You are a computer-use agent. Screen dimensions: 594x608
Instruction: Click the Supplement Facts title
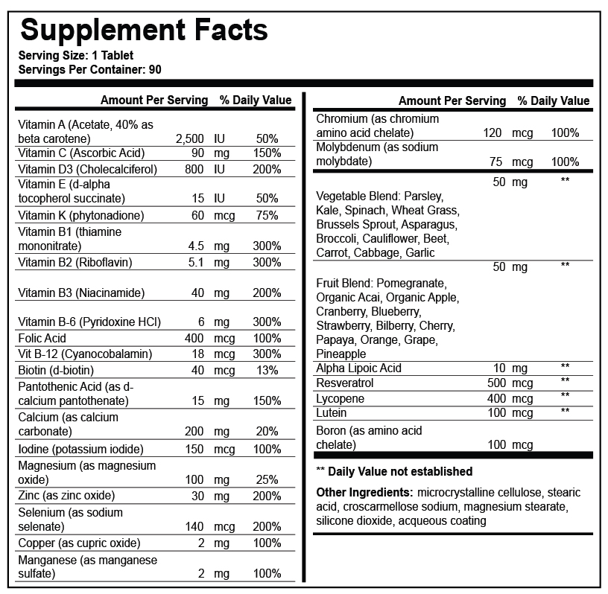[x=144, y=30]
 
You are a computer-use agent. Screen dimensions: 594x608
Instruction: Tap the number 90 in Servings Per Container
[x=154, y=69]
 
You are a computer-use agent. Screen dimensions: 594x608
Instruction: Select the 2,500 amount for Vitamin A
[x=189, y=138]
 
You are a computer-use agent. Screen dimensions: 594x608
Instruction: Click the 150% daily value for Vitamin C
[x=267, y=153]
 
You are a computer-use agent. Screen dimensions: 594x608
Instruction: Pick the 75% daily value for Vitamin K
[x=267, y=216]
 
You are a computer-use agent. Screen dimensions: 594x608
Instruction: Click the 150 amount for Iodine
[x=194, y=450]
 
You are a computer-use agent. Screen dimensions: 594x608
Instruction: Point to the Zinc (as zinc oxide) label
[x=66, y=496]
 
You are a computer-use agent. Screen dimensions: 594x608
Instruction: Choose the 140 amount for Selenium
[x=194, y=527]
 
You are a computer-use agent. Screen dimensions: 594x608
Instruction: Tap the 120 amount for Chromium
[x=493, y=133]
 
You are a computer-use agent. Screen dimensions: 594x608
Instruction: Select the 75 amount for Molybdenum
[x=495, y=162]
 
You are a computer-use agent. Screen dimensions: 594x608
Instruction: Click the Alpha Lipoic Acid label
[x=358, y=368]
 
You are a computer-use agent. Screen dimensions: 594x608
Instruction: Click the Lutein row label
[x=332, y=412]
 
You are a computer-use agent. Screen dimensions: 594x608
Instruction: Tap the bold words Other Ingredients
[x=364, y=493]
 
